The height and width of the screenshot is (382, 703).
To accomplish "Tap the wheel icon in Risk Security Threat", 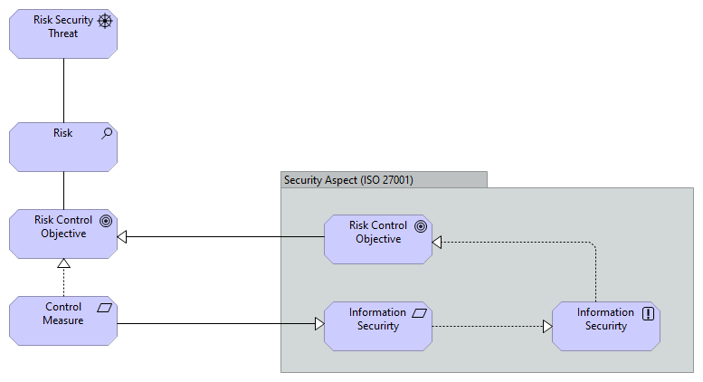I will pos(106,20).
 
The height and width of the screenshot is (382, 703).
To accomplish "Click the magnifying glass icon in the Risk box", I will pos(107,133).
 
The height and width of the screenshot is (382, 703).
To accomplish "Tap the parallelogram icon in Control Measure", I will pos(105,308).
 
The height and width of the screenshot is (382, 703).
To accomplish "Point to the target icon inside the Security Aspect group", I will pos(421,226).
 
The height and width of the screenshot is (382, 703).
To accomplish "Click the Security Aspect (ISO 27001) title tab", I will pos(385,179).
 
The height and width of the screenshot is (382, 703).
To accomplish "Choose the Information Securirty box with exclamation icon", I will pos(605,326).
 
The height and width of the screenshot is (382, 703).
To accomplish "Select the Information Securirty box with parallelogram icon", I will pos(378,325).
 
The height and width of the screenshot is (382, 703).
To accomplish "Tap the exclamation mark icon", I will pos(648,313).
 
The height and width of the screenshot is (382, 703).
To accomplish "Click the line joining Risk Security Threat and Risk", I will pos(63,91).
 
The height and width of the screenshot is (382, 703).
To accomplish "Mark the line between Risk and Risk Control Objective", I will pos(63,190).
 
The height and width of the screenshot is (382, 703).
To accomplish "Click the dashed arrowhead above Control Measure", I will pos(63,264).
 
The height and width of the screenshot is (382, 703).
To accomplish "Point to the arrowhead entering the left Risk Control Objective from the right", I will pos(124,237).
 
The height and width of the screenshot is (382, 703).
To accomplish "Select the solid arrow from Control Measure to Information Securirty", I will pos(217,323).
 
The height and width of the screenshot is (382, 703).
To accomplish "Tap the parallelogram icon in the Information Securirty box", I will pos(420,312).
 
